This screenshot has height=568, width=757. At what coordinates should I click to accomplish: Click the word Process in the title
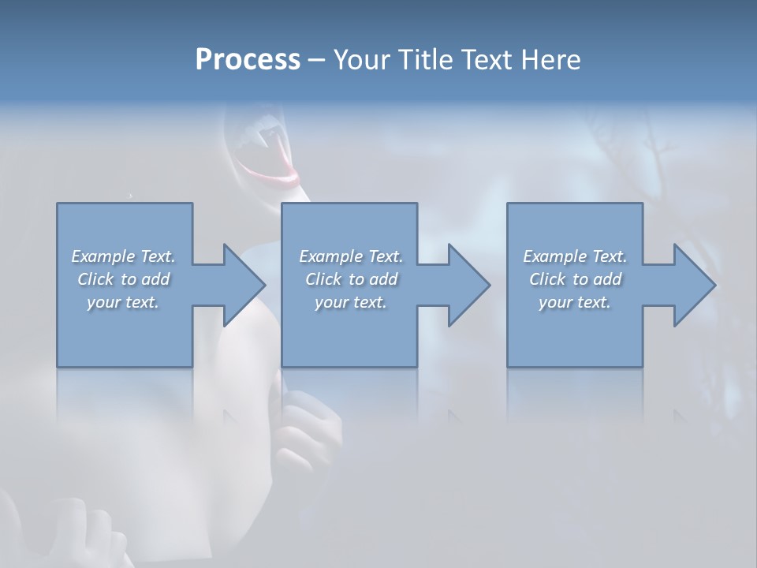248,60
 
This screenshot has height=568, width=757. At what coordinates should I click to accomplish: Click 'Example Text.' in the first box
123,256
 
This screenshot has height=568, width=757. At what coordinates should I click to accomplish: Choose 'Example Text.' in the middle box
351,256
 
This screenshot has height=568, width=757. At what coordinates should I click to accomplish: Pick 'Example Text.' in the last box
575,256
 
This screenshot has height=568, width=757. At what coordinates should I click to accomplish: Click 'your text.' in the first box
123,302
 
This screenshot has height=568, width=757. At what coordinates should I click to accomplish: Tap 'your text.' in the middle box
351,302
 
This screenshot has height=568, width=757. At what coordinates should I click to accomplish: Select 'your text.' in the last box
575,302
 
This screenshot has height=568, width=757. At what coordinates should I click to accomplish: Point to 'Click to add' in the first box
123,279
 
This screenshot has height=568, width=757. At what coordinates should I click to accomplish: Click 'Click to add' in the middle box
351,279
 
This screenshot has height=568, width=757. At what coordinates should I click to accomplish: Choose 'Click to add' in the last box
575,279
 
